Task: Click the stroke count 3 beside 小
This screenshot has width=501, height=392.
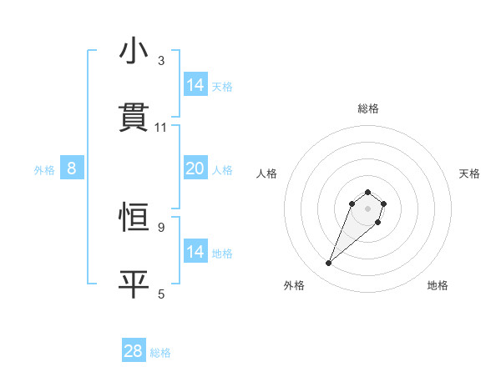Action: [x=161, y=60]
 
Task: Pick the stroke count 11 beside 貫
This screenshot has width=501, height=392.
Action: [x=161, y=127]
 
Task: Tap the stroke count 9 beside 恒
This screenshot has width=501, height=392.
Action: [x=161, y=227]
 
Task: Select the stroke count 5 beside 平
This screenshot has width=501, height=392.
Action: [x=161, y=294]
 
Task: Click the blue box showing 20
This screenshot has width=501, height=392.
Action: [x=195, y=168]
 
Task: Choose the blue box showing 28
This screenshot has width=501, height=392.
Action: [x=134, y=351]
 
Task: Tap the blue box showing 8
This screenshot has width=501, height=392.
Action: [x=72, y=168]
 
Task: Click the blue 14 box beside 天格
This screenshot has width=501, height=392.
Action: [x=195, y=85]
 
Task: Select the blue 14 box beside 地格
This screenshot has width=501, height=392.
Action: [x=195, y=252]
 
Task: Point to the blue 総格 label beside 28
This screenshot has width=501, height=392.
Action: [x=160, y=353]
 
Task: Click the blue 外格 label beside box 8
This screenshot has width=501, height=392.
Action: [x=44, y=170]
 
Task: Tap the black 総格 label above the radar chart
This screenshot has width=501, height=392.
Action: [x=368, y=108]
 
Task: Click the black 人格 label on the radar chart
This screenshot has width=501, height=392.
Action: [x=267, y=173]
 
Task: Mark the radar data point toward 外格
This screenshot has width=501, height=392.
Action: [x=329, y=264]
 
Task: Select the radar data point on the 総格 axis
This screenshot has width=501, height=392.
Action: [x=368, y=189]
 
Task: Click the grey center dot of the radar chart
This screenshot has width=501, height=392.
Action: [x=368, y=208]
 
